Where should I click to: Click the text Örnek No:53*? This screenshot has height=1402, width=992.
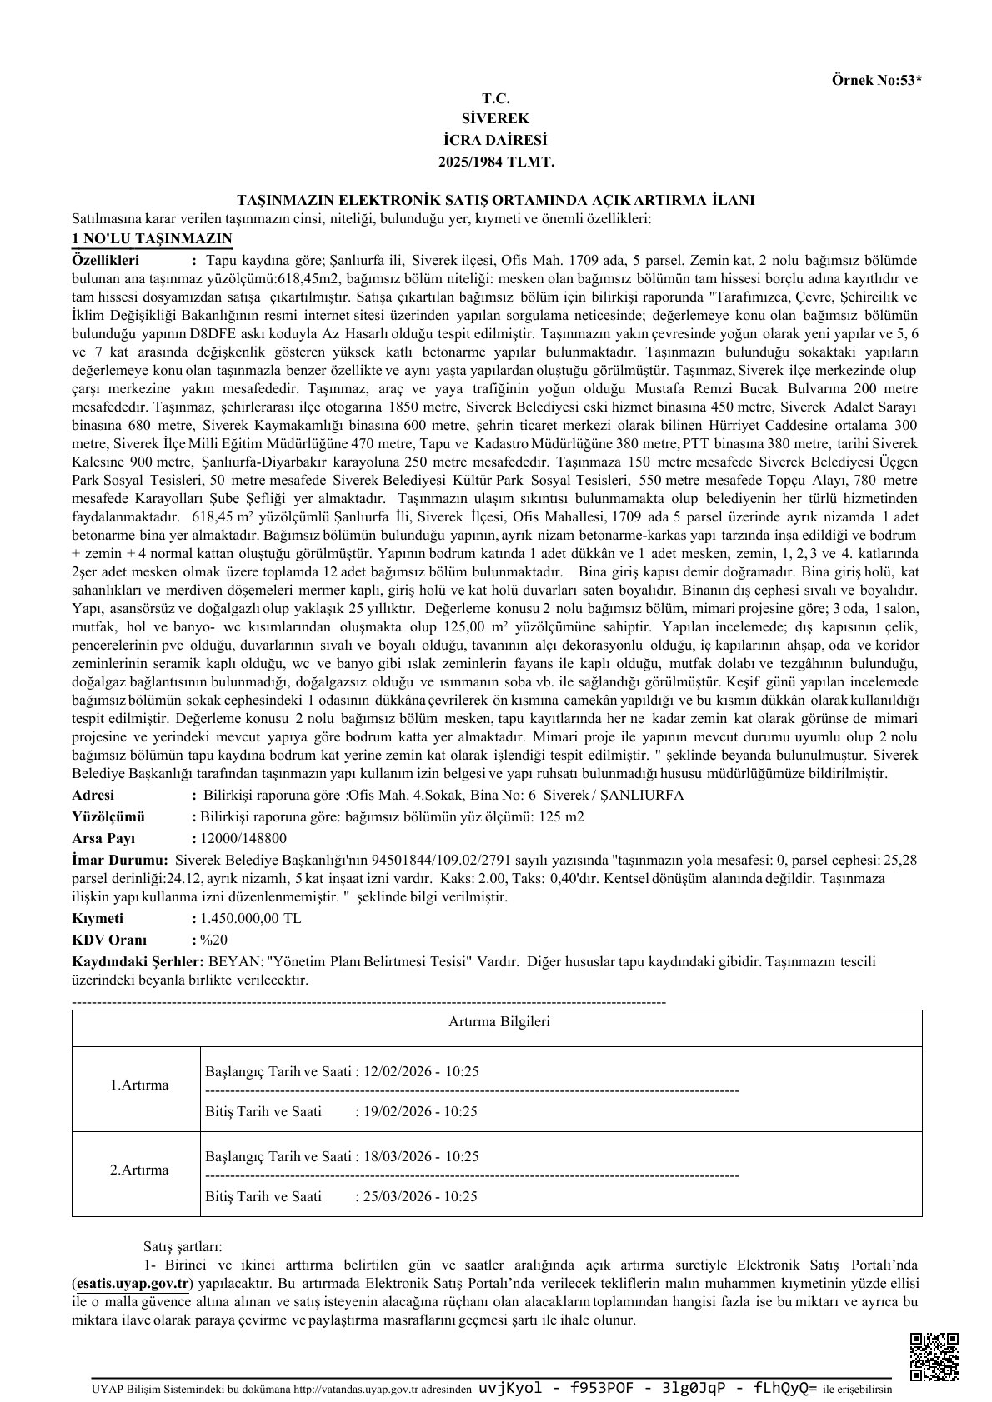coord(877,81)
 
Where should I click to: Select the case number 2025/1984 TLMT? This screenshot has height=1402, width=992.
coord(496,161)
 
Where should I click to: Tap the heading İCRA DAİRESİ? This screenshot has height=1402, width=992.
coord(496,140)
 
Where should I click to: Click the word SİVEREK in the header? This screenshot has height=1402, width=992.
coord(496,119)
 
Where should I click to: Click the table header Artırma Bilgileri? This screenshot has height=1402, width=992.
coord(499,1022)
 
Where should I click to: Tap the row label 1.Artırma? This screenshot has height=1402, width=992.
coord(139,1085)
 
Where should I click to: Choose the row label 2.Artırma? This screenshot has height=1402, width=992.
coord(139,1170)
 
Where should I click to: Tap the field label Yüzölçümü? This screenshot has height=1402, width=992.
coord(109,816)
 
